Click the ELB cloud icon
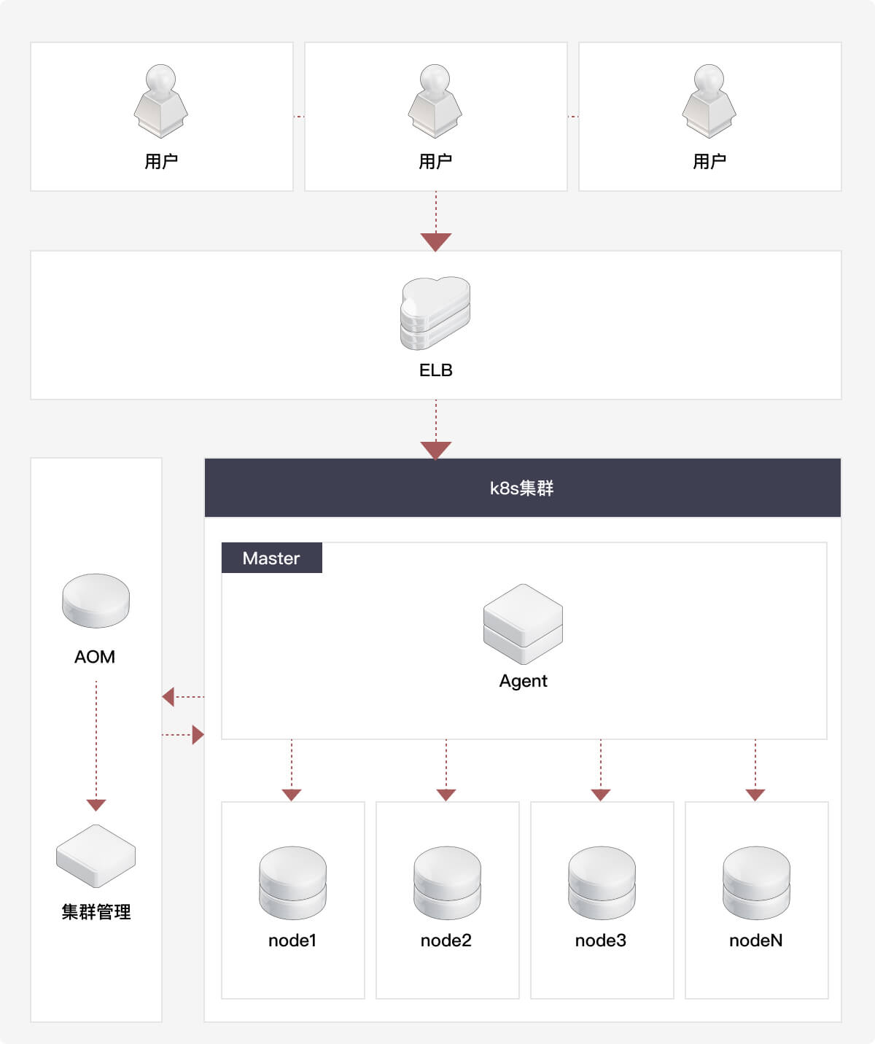[435, 313]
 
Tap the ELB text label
[435, 370]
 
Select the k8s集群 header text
[521, 488]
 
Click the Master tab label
[271, 558]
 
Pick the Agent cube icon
[523, 624]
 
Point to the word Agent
[523, 681]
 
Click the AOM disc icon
[96, 601]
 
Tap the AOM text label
[95, 656]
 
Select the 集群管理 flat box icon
[96, 856]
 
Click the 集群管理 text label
[96, 912]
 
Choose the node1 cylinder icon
[292, 882]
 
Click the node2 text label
[446, 940]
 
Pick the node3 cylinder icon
[602, 882]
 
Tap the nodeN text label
[756, 940]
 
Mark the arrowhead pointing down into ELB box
[436, 242]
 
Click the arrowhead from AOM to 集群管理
[96, 805]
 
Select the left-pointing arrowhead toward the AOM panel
[168, 696]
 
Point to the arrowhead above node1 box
[292, 795]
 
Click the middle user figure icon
[435, 101]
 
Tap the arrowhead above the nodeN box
[755, 795]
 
